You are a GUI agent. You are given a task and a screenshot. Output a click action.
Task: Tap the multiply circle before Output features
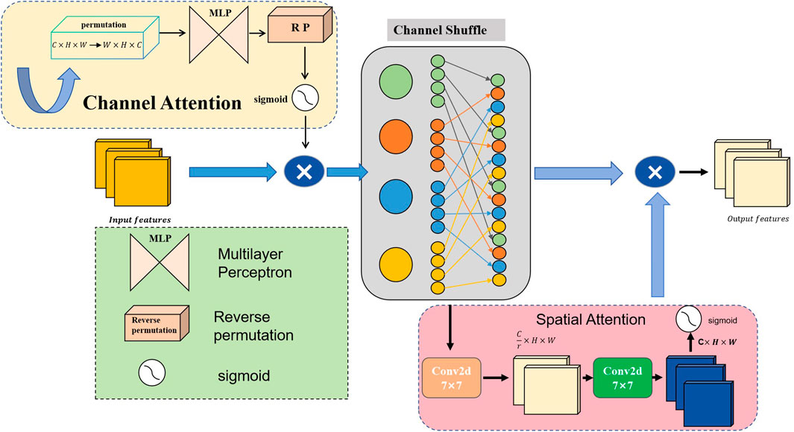coord(654,172)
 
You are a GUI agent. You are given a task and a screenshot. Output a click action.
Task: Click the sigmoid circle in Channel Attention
coord(303,98)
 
